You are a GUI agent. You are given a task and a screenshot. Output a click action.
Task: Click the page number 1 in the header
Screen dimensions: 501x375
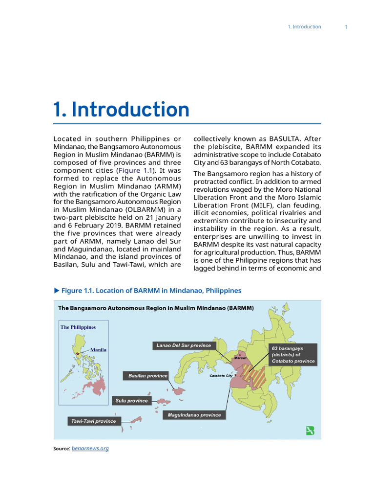(x=346, y=27)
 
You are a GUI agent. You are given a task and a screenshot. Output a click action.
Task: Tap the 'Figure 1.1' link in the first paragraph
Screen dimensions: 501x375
(x=135, y=170)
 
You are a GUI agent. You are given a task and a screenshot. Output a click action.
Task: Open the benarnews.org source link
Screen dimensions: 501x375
(x=90, y=448)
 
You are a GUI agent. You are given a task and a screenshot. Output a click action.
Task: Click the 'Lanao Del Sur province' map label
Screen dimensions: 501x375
(x=184, y=345)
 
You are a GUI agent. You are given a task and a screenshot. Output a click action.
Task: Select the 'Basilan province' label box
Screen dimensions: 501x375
(x=145, y=376)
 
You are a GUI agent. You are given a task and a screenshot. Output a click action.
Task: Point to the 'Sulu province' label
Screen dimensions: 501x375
(x=131, y=401)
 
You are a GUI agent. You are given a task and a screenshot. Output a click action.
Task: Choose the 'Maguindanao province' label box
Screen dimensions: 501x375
(x=194, y=415)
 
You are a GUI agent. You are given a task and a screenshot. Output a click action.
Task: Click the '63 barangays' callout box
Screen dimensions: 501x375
(x=292, y=355)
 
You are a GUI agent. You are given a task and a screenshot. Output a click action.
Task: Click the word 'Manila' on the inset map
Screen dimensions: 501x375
(x=98, y=350)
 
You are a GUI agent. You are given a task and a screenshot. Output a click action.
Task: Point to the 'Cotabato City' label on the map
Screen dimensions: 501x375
(x=221, y=376)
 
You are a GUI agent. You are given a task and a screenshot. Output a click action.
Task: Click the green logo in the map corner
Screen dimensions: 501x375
(x=310, y=431)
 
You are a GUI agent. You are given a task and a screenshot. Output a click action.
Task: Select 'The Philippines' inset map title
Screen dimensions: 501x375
(x=78, y=327)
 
